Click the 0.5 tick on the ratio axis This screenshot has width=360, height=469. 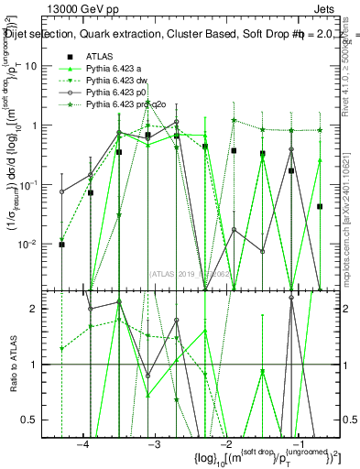(32, 420)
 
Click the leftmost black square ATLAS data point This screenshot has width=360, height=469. (61, 245)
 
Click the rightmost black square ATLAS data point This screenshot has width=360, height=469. (320, 207)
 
